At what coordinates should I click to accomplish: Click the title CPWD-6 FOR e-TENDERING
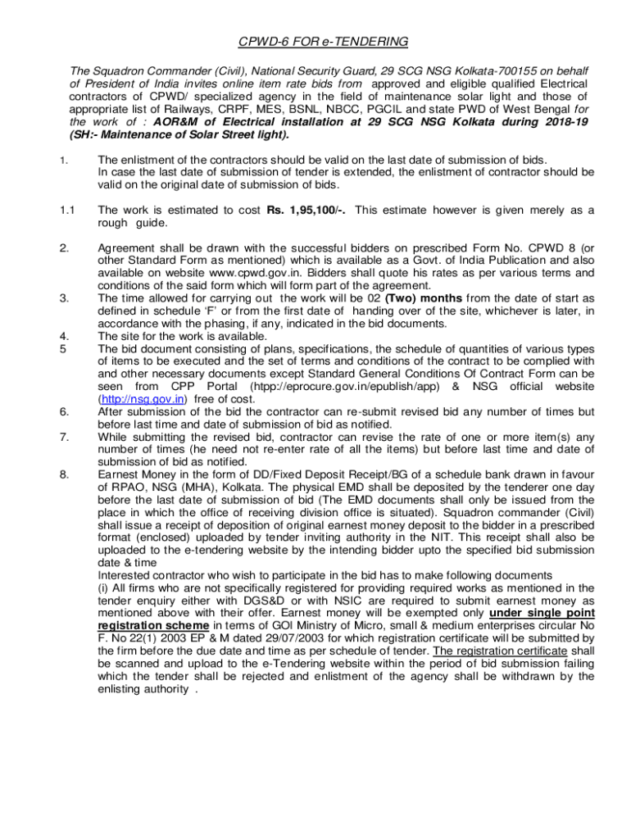pyautogui.click(x=315, y=41)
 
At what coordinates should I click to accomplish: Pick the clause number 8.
pyautogui.click(x=63, y=474)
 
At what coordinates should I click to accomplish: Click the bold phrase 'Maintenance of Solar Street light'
pyautogui.click(x=187, y=134)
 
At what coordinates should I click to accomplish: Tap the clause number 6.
pyautogui.click(x=63, y=412)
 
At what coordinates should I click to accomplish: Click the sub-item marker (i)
pyautogui.click(x=103, y=587)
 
